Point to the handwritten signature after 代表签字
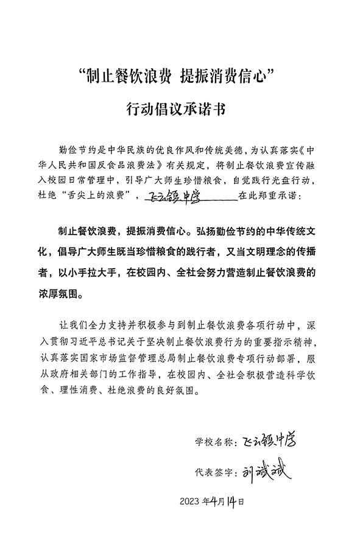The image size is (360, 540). (266, 471)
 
